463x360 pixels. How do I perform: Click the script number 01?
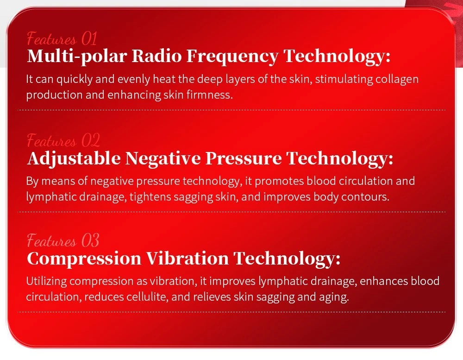(89, 39)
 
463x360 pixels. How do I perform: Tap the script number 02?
(90, 140)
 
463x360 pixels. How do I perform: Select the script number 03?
(90, 240)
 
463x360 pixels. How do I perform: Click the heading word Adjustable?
(74, 158)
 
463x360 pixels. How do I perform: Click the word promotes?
(279, 181)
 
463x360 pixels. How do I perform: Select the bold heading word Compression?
(84, 259)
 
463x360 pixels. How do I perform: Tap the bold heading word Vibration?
(188, 258)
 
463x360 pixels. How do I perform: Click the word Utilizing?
(46, 281)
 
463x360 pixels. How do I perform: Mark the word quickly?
(75, 80)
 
